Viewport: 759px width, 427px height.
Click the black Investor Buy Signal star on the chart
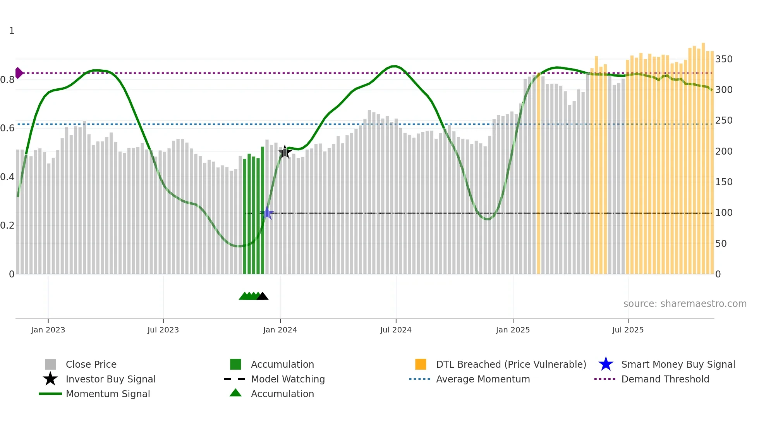point(285,152)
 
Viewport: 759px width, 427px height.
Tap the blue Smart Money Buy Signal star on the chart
point(267,213)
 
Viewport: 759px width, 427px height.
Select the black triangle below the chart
point(263,296)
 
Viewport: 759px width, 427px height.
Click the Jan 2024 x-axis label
point(280,330)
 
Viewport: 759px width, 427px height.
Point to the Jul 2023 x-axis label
point(163,330)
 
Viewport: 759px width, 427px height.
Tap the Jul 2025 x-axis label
point(628,330)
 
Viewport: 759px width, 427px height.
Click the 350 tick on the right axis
point(724,59)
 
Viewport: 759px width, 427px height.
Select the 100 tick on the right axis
point(724,213)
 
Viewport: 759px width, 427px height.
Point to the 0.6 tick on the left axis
point(7,128)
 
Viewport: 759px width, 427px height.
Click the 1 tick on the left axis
point(12,31)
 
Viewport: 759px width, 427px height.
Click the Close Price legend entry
point(91,364)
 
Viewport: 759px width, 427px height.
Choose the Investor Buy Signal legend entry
point(110,379)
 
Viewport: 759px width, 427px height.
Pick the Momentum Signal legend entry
point(108,394)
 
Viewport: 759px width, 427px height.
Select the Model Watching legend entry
point(288,379)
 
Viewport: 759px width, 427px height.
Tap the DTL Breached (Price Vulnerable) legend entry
point(511,364)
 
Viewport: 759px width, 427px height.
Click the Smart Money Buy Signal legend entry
point(678,364)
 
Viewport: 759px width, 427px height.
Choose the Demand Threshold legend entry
point(665,379)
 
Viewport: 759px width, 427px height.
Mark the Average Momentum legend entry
point(483,379)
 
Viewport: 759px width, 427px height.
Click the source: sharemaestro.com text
point(685,304)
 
